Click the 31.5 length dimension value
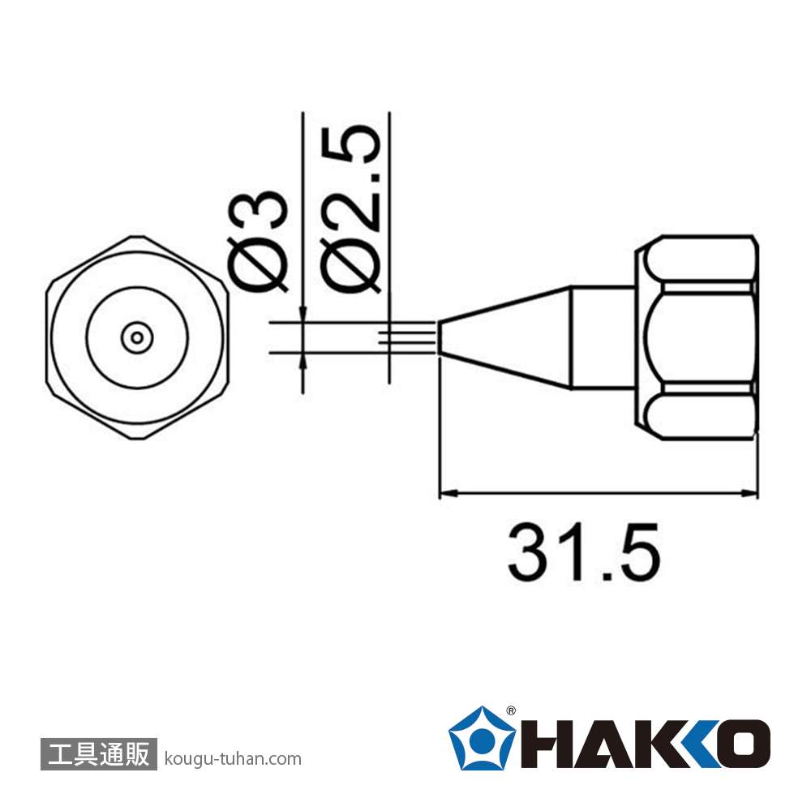(584, 551)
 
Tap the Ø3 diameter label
(257, 242)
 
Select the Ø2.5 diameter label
(350, 208)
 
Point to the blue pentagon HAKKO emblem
(482, 738)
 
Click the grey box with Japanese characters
(98, 753)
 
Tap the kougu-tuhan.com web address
(233, 759)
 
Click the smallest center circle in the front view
(137, 338)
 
